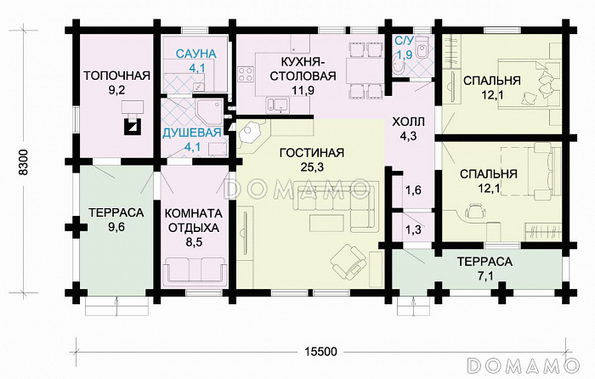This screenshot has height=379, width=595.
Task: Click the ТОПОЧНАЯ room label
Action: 116,75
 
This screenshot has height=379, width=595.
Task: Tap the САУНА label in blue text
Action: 196,54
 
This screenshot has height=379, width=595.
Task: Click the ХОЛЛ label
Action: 407,122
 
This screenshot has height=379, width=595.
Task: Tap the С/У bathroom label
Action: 405,41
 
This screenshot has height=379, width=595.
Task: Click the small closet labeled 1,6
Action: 413,190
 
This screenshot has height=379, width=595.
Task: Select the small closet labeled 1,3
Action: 413,229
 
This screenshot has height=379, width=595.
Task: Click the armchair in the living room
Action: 349,258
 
